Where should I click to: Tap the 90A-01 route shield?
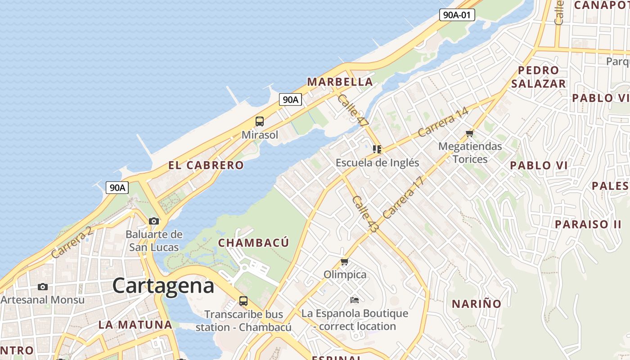click(457, 15)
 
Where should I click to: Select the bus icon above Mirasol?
click(260, 121)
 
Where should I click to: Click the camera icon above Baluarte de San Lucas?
click(154, 221)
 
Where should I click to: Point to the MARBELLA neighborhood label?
click(340, 82)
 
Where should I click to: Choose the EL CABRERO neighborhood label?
click(206, 165)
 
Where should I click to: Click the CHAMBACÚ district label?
click(253, 243)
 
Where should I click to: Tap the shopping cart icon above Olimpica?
click(345, 261)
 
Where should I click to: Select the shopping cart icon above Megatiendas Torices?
click(470, 133)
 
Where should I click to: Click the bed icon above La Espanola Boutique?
click(355, 300)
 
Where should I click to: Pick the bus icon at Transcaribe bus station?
click(243, 301)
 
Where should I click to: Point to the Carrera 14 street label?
click(443, 122)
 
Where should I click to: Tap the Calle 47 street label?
click(353, 110)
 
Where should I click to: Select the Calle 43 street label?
click(365, 214)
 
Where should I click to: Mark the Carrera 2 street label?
click(72, 242)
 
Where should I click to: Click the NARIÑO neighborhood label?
click(477, 304)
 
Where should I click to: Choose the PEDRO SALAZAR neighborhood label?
click(538, 77)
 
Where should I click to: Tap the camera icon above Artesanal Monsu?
click(43, 287)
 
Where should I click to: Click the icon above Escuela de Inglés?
click(377, 149)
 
